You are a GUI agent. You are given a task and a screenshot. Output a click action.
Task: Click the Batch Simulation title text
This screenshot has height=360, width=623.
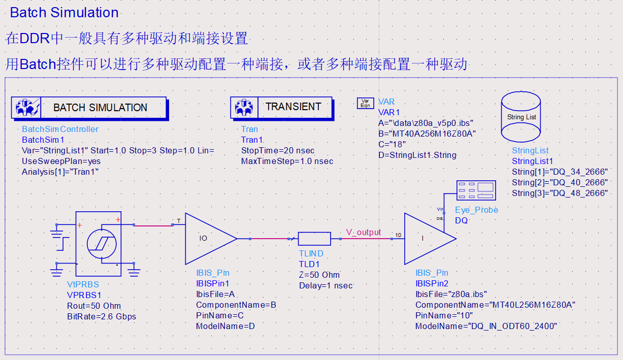tap(64, 13)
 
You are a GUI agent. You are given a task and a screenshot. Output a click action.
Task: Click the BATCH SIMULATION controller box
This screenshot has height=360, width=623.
tap(89, 108)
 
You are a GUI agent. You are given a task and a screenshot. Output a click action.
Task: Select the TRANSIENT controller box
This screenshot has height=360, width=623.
tap(282, 107)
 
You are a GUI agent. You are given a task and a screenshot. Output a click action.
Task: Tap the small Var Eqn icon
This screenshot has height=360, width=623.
tap(365, 104)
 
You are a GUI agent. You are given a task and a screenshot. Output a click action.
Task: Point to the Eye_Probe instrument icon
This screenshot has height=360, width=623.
tap(476, 190)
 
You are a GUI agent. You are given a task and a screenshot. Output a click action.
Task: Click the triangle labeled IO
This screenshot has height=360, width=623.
tap(208, 238)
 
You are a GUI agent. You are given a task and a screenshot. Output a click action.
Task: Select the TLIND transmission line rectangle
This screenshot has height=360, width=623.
tap(314, 238)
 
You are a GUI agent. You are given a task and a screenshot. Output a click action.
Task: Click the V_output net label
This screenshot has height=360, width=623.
tap(364, 232)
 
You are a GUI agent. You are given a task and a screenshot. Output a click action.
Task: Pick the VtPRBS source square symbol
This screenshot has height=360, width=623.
tap(98, 244)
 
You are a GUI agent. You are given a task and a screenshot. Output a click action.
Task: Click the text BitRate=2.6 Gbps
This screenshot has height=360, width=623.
tap(102, 316)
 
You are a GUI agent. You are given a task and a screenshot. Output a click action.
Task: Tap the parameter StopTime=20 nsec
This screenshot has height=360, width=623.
tap(278, 151)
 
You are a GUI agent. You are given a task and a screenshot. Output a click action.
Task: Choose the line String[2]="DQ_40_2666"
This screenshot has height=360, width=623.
tap(560, 182)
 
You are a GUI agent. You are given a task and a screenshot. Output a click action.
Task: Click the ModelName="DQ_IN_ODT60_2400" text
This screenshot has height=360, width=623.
tap(486, 326)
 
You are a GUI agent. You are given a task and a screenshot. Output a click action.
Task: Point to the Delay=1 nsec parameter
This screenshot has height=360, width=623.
tap(325, 285)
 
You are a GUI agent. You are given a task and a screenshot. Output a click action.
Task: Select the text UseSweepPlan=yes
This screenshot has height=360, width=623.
tap(61, 161)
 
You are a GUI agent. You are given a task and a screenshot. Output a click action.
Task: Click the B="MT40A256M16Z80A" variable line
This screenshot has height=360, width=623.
tap(427, 134)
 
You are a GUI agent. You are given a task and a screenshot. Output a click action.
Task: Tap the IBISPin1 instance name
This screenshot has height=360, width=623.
tap(213, 283)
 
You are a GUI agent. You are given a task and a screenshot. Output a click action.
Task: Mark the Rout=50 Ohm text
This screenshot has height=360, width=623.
tap(94, 306)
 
